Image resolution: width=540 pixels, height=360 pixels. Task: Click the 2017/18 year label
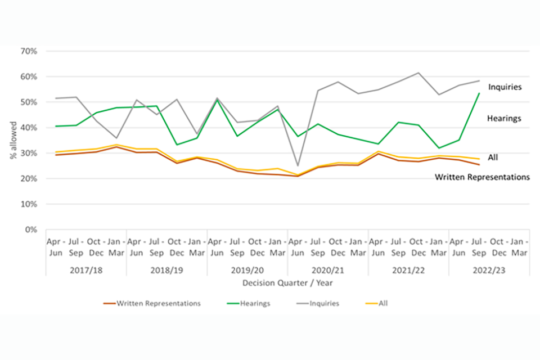coord(85,270)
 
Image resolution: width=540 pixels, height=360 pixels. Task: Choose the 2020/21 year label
coord(327,270)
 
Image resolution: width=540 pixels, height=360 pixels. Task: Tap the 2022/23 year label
coord(489,270)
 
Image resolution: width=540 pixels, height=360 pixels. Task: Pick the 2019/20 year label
coord(247,270)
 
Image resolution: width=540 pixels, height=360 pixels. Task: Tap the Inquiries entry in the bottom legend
coord(323,303)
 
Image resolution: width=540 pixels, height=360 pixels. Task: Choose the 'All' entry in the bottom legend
coord(383,303)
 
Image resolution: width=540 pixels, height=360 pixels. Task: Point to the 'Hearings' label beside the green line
coord(505,119)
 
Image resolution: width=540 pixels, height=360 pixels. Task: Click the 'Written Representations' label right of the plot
coord(482,177)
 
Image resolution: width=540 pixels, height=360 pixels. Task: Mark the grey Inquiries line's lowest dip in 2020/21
coord(297,166)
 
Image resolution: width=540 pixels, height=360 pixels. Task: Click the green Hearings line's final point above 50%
coord(479,93)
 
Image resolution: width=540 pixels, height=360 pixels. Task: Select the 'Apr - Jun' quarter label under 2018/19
coord(136,247)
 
